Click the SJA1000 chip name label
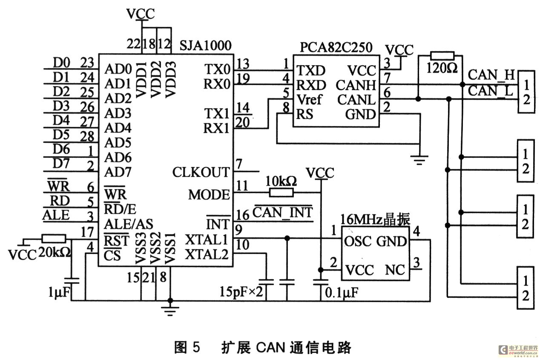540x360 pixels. pos(205,45)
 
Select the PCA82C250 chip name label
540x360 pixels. pos(336,47)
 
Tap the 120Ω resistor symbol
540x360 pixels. pos(442,56)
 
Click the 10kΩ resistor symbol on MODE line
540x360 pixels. pos(281,193)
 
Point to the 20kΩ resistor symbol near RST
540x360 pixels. pos(54,239)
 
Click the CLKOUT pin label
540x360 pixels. pos(201,172)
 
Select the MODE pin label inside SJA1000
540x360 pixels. pos(209,194)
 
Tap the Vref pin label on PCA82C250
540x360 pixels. pos(309,100)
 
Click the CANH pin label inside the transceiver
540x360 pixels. pos(356,85)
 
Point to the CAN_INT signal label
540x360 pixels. pos(282,212)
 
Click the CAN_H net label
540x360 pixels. pos(491,75)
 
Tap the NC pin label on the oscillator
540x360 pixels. pos(395,270)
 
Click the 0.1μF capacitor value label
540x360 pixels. pos(342,293)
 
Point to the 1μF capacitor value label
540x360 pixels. pos(59,292)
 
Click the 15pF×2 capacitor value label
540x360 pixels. pos(241,291)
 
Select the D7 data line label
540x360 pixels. pos(61,164)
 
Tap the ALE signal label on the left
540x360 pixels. pos(56,215)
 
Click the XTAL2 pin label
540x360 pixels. pos(207,254)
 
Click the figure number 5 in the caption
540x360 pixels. pos(196,347)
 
